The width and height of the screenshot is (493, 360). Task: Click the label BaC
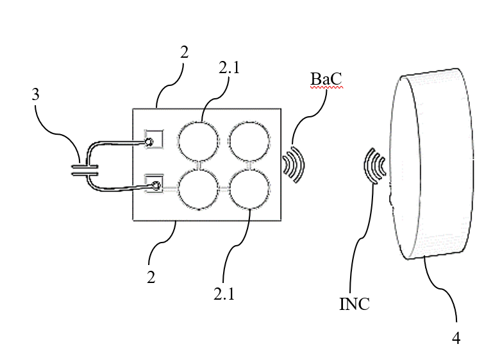coord(326,79)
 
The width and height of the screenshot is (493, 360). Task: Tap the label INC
coord(355,304)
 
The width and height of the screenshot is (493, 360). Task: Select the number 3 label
coord(35,94)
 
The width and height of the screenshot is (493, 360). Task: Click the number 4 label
coord(456,338)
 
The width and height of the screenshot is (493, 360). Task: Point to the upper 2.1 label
coord(229,67)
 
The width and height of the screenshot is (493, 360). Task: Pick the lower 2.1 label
coord(224,294)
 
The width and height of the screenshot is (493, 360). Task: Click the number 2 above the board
coord(185,52)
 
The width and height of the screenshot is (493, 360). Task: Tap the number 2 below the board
coord(151,277)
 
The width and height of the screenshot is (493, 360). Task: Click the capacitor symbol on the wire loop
coord(85,170)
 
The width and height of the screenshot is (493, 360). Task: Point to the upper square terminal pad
coord(153,139)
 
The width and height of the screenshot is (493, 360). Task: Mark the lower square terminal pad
coord(153,184)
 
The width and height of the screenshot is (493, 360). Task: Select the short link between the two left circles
coord(198,166)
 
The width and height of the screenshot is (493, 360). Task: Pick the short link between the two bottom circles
coord(224,189)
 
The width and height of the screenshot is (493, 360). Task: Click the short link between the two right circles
coord(250,166)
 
